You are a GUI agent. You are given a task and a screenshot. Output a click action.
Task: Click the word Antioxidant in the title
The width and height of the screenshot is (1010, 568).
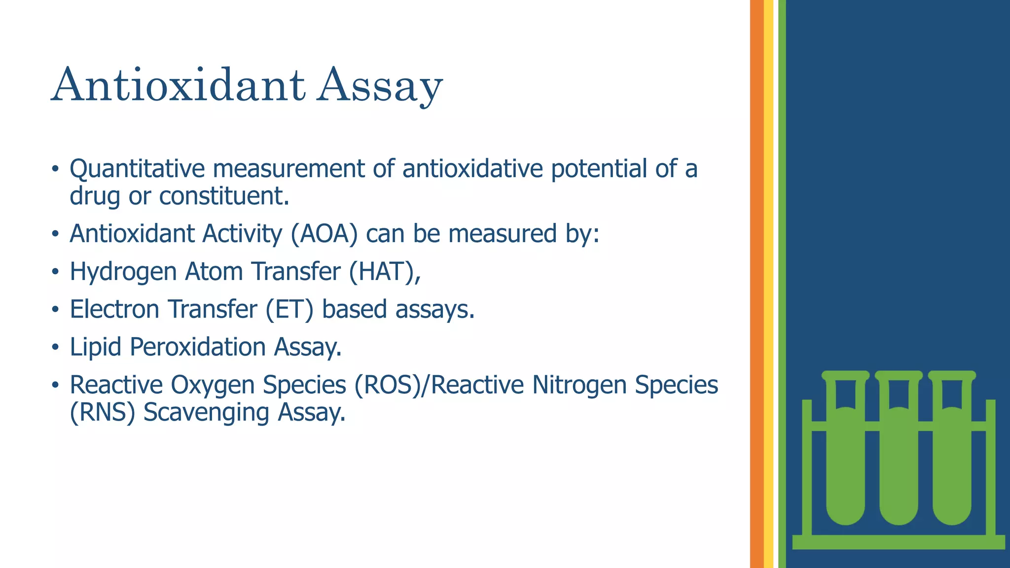pos(178,85)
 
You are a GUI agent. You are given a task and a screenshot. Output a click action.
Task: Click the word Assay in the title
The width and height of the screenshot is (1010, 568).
pos(380,86)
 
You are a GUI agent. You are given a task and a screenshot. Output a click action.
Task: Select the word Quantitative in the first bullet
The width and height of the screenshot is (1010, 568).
pos(137,169)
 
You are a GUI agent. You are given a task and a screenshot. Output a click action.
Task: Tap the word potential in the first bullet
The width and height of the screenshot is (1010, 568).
pos(599,169)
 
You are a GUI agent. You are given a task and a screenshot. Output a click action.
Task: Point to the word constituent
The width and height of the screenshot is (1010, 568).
pos(223,196)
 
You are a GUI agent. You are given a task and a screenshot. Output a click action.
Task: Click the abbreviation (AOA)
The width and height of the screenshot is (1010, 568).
pos(324,234)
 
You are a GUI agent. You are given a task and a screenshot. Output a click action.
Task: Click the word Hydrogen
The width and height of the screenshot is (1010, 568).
pos(123,273)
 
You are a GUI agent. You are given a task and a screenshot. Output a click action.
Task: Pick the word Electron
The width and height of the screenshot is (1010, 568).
pos(114,310)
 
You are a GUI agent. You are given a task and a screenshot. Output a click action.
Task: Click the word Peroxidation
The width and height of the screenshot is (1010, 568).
pos(198,347)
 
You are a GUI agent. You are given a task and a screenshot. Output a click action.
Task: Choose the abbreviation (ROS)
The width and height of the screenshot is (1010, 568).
pos(392,385)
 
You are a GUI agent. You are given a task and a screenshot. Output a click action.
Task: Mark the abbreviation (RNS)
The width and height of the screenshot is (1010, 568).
pos(102,413)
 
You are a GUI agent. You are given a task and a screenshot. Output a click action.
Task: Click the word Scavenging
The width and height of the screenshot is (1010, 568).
pos(206,414)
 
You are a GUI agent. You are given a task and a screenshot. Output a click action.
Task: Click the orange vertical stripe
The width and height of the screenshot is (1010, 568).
pos(757,284)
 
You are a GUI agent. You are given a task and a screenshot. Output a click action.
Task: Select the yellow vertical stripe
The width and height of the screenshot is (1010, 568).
pos(768,284)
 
